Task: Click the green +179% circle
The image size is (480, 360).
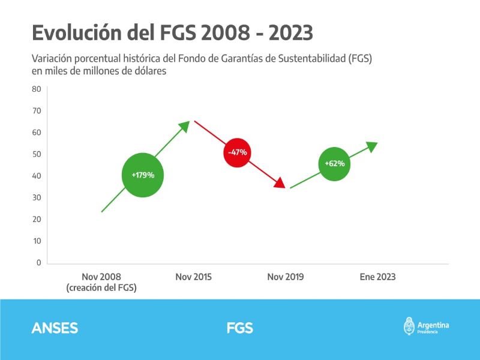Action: (143, 175)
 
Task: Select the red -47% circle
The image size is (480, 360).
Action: (237, 152)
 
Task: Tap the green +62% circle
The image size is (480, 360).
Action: (335, 163)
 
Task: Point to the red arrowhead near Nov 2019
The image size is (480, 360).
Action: (280, 182)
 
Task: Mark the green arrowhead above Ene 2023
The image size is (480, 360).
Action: (372, 146)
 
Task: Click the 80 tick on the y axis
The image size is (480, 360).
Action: (36, 89)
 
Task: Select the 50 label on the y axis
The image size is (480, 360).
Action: (36, 154)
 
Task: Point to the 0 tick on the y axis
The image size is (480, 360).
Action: (38, 263)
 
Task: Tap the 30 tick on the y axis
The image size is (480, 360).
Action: (36, 197)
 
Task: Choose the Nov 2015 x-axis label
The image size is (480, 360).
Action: (193, 277)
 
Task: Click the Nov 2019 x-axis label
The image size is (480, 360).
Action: (285, 277)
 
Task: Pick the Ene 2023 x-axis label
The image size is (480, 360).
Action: (377, 277)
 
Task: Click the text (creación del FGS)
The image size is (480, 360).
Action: (101, 288)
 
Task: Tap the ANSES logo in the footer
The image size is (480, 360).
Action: (55, 328)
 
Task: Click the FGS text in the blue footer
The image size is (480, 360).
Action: (239, 328)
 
